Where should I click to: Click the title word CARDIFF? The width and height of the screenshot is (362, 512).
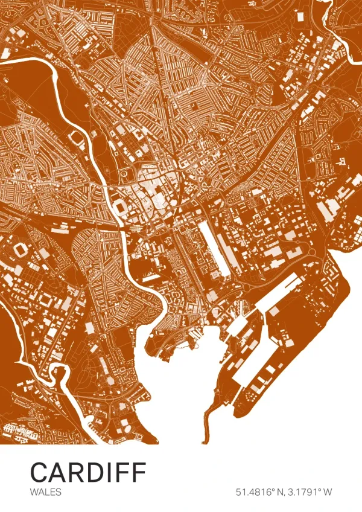click(x=88, y=472)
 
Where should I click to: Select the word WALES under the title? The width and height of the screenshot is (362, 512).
click(x=45, y=492)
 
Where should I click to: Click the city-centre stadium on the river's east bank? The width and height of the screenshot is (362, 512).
click(x=119, y=207)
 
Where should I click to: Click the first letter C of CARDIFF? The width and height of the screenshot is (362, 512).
click(x=39, y=472)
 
